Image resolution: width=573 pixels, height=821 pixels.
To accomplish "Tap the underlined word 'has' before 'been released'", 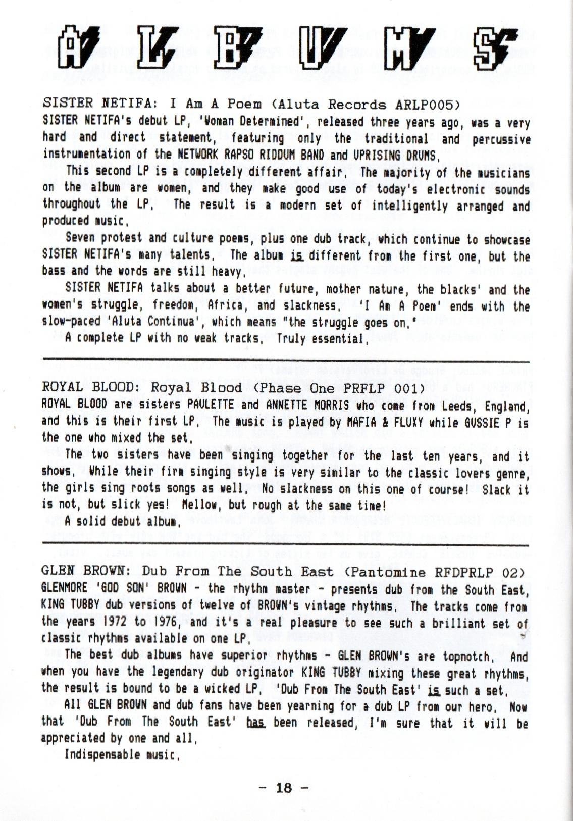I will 256,723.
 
